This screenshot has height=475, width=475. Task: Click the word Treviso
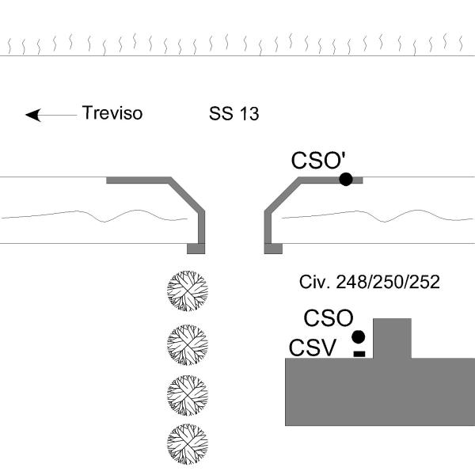click(112, 113)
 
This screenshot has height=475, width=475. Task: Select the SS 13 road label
click(234, 114)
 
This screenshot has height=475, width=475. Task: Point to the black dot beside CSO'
click(346, 179)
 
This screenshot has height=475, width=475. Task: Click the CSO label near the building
click(329, 319)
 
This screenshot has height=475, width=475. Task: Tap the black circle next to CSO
click(359, 336)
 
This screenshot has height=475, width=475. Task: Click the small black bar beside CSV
click(359, 352)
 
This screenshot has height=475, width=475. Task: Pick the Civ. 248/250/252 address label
click(370, 282)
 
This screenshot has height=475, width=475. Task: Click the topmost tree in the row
click(187, 291)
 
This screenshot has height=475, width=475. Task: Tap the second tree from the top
click(187, 343)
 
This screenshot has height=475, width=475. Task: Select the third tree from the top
click(187, 394)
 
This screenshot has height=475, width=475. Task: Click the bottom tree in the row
click(187, 444)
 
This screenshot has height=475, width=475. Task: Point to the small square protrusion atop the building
click(392, 338)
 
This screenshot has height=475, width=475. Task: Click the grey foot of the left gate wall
click(196, 249)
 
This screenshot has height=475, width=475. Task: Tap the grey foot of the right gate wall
click(273, 249)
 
